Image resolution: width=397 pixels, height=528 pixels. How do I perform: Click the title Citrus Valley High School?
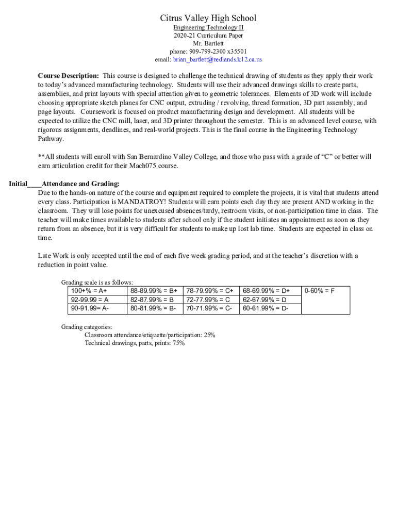click(208, 19)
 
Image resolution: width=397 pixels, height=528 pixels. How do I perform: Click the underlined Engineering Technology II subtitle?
click(208, 27)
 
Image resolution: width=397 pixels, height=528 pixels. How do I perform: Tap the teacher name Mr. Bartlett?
click(208, 43)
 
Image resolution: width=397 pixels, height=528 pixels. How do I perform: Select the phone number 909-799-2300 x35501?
click(208, 52)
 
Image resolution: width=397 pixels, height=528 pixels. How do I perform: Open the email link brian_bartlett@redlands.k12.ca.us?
click(217, 60)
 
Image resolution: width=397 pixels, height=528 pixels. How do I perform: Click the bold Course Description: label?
click(69, 76)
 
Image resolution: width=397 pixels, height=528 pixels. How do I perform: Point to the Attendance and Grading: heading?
click(80, 184)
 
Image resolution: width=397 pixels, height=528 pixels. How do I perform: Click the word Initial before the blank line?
click(18, 184)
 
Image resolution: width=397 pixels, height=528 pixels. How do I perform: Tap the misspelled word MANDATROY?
click(138, 202)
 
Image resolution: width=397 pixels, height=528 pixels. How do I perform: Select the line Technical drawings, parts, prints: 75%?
click(135, 343)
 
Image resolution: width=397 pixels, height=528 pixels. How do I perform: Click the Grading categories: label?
click(87, 327)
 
